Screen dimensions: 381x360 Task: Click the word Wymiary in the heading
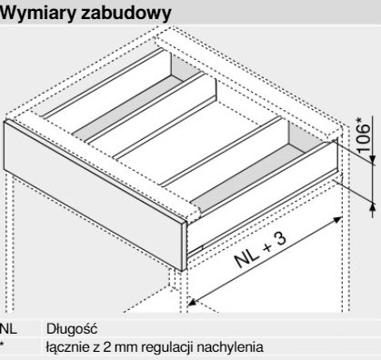coord(37,13)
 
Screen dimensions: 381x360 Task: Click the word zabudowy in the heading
coord(125,13)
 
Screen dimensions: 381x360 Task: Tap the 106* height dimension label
coord(364,135)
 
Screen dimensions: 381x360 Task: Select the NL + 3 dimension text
coord(260,251)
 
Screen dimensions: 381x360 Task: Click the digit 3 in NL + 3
coord(280,239)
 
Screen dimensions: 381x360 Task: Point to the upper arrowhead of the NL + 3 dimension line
coord(337,219)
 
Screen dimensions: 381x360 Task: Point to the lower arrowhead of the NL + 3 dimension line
coord(193,302)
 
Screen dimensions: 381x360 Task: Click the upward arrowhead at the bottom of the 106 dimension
coord(373,208)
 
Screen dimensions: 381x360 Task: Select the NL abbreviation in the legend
coord(8,329)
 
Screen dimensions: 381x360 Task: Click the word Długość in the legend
coord(72,328)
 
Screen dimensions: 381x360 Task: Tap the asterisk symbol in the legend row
coord(3,344)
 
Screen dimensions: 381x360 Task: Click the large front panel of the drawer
coord(93,194)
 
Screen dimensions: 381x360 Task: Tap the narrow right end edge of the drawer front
coord(185,246)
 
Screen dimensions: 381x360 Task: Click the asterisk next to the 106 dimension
coord(359,120)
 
